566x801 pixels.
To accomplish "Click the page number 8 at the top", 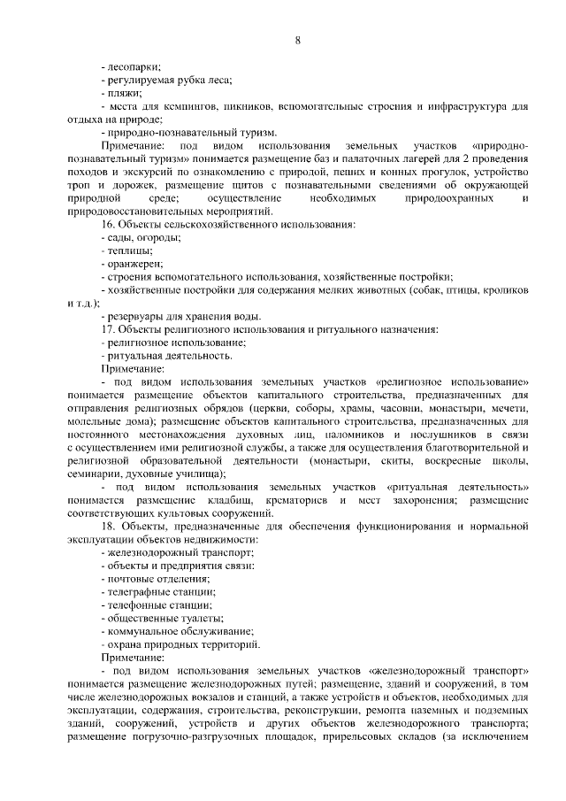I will click(x=297, y=40).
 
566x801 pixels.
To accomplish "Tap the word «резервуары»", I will click(x=137, y=316).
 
